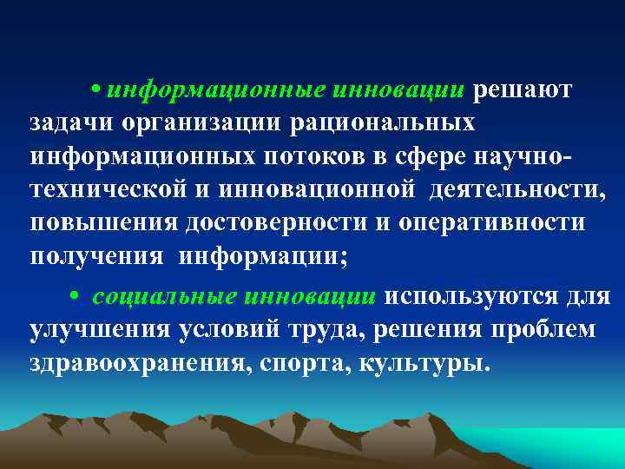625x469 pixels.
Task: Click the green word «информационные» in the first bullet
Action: [x=218, y=91]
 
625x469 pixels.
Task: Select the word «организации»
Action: [x=201, y=122]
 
